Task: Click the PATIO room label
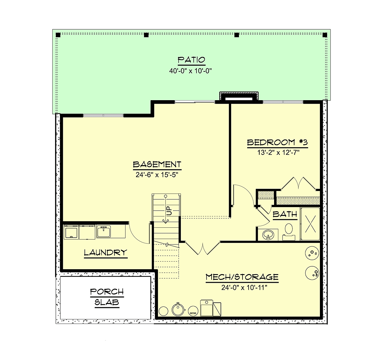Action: pyautogui.click(x=191, y=60)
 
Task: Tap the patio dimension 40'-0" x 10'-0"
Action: pyautogui.click(x=190, y=71)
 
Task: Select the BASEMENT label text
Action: pyautogui.click(x=157, y=164)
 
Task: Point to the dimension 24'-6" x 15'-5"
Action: pyautogui.click(x=157, y=175)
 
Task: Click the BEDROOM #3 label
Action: pyautogui.click(x=277, y=142)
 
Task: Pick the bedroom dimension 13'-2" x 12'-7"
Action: pyautogui.click(x=278, y=153)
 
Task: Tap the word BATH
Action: pyautogui.click(x=285, y=214)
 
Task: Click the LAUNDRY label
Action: pyautogui.click(x=105, y=252)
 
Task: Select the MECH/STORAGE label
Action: pyautogui.click(x=242, y=277)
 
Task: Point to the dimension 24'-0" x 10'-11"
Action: pyautogui.click(x=244, y=288)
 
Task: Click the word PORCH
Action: pyautogui.click(x=107, y=291)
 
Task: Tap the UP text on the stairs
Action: pyautogui.click(x=170, y=211)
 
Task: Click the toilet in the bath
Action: pyautogui.click(x=289, y=232)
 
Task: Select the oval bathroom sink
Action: pyautogui.click(x=268, y=235)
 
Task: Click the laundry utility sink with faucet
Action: pyautogui.click(x=104, y=232)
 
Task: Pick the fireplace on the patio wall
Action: pyautogui.click(x=239, y=97)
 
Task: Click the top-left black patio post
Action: pyautogui.click(x=58, y=35)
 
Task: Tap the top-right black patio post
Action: pyautogui.click(x=325, y=35)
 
